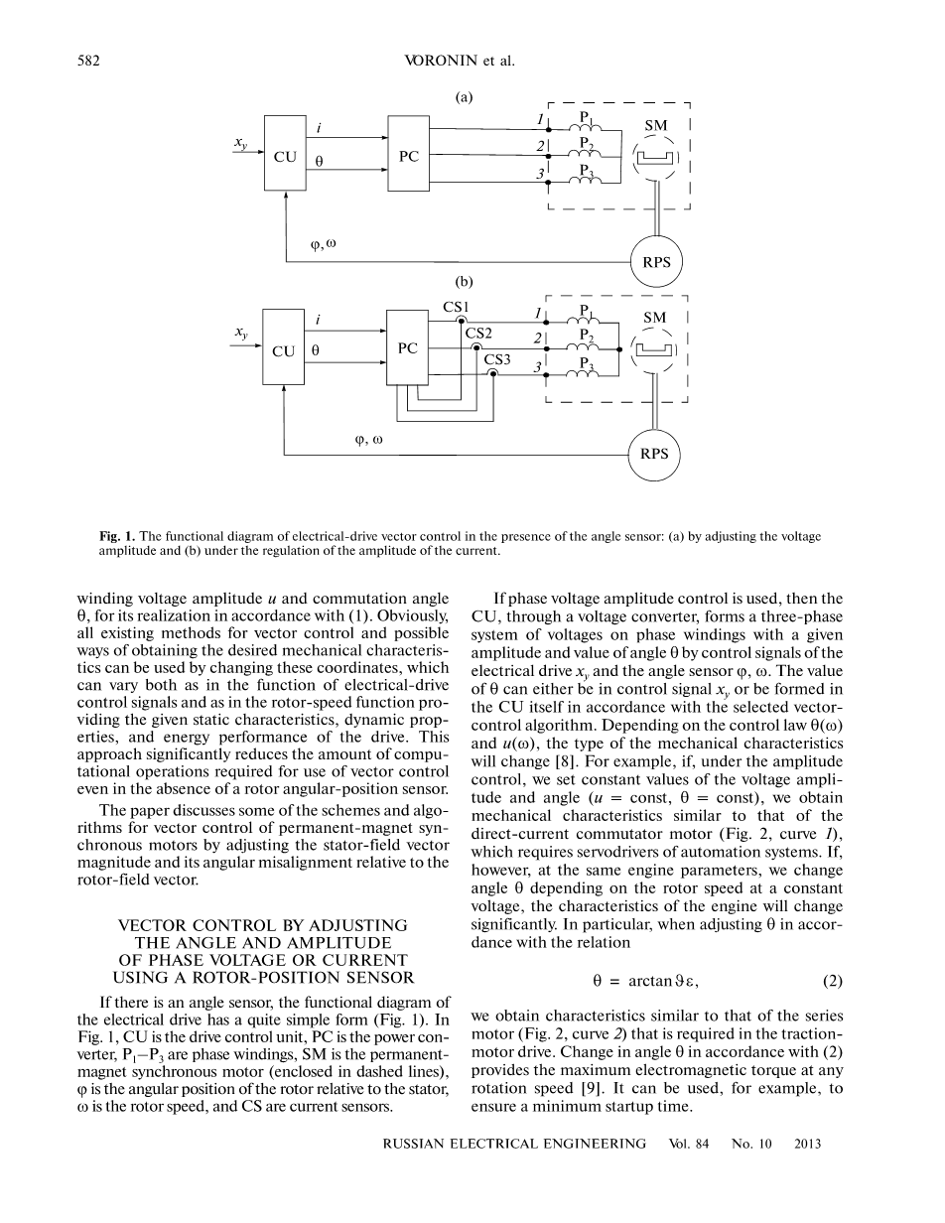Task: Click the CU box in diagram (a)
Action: [285, 157]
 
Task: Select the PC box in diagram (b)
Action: [407, 348]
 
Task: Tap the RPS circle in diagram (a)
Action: [657, 263]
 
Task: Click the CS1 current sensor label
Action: [456, 307]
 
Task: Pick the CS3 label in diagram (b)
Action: [497, 359]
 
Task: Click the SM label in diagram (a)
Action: [655, 126]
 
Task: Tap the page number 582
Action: [89, 61]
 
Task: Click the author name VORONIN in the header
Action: [441, 61]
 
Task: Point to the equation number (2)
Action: [832, 981]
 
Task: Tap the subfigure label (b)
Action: [464, 281]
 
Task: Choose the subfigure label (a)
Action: [464, 97]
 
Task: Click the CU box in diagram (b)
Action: [284, 350]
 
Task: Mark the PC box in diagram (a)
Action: [409, 157]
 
